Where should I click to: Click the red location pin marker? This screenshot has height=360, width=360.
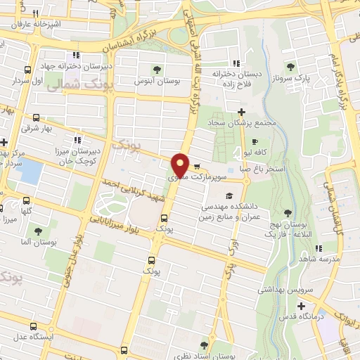click(180, 165)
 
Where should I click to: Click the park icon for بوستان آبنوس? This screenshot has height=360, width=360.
click(158, 70)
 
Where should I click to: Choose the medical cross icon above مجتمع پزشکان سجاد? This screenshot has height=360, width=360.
click(241, 112)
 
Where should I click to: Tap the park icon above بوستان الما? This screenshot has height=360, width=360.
click(37, 231)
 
